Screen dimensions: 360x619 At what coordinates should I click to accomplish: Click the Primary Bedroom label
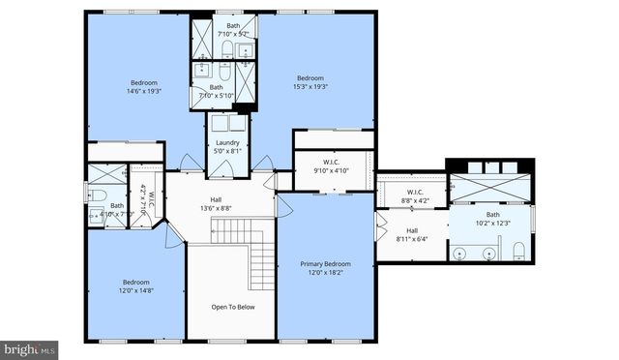(325, 263)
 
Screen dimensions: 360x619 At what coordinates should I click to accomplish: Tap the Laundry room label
(227, 143)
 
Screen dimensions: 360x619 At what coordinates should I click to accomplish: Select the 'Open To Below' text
(232, 307)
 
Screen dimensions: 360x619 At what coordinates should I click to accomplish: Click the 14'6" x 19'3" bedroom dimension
(144, 92)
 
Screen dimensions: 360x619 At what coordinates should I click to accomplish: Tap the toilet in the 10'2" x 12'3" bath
(519, 253)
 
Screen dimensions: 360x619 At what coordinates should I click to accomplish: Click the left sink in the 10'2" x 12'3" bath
(461, 254)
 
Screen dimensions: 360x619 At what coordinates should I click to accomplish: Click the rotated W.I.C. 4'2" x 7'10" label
(142, 198)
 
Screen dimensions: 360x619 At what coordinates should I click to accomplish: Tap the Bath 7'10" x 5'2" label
(234, 30)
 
